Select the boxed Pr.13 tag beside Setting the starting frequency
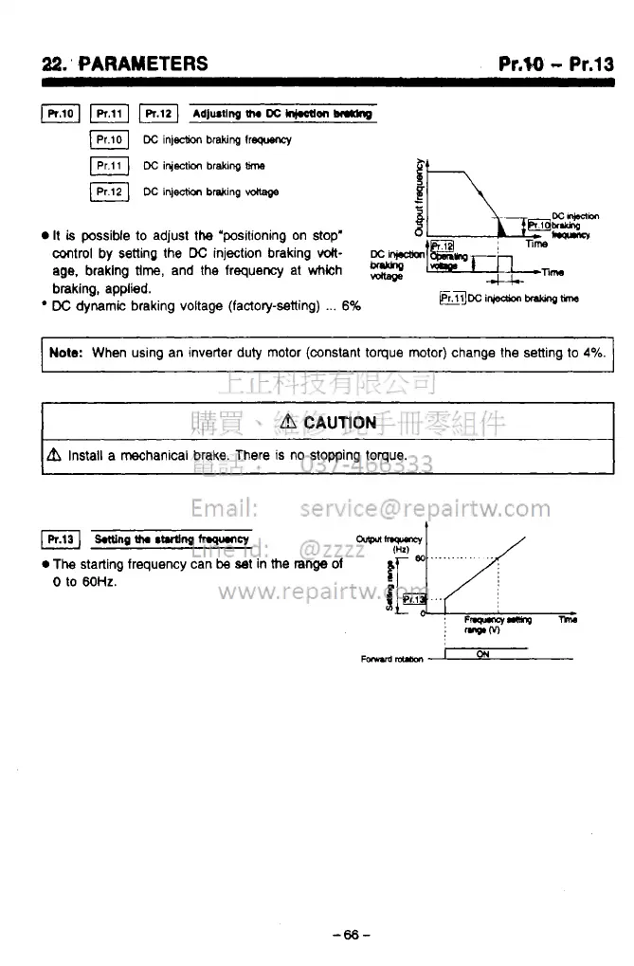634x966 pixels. coord(60,540)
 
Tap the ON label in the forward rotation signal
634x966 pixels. coord(482,653)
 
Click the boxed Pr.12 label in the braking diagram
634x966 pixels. coord(443,245)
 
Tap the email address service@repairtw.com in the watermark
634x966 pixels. coord(424,508)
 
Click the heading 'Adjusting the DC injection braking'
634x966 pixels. coord(281,115)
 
